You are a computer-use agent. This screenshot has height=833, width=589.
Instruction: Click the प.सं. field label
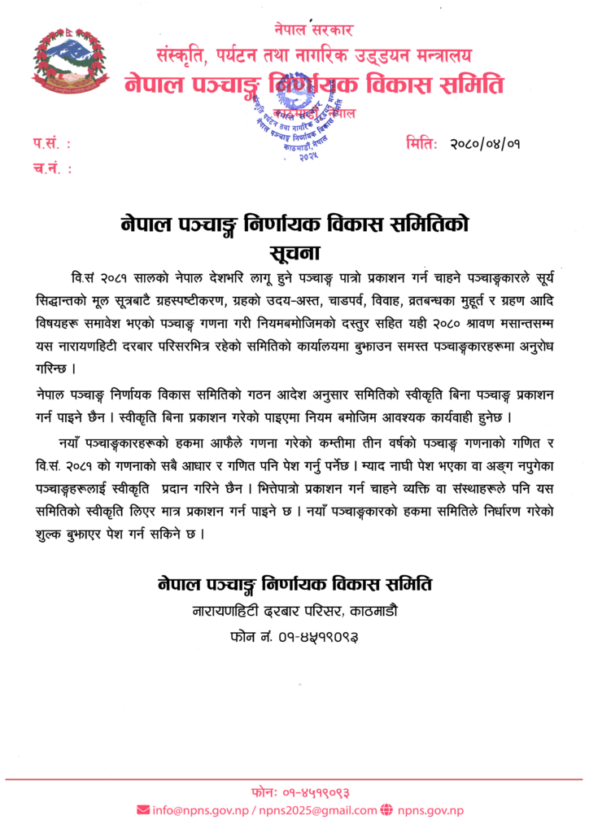point(52,145)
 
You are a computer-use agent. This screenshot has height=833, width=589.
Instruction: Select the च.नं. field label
point(52,169)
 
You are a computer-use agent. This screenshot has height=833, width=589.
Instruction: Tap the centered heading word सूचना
point(296,250)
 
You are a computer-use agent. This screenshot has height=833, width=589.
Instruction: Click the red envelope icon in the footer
point(143,810)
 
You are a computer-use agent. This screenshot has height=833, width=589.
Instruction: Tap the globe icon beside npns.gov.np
point(386,810)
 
